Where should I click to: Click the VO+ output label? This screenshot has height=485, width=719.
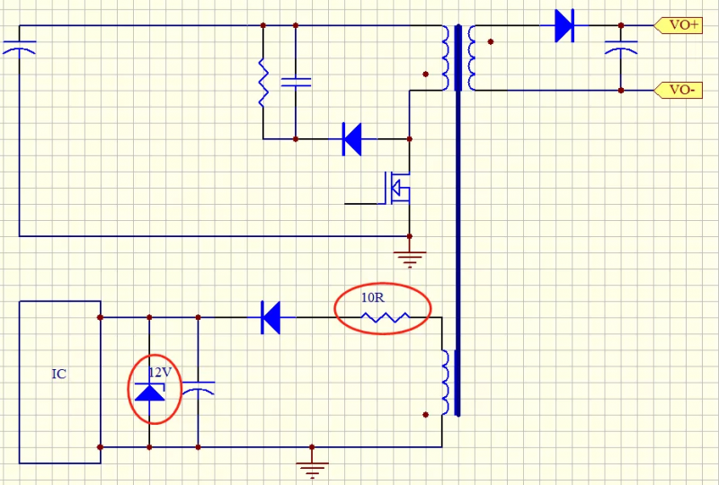(x=684, y=25)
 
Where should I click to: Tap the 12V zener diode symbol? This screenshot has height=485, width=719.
(x=149, y=392)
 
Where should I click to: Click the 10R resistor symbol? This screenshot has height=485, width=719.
(x=385, y=317)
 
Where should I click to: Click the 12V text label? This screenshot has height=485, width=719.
(x=159, y=372)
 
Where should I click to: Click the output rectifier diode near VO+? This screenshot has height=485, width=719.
(x=564, y=25)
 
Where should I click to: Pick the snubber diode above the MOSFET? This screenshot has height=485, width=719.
(x=352, y=139)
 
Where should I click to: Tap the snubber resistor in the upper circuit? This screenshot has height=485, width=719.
(x=263, y=83)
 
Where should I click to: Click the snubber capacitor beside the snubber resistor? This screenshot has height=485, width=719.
(x=296, y=82)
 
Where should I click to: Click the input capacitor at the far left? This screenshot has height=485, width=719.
(x=19, y=46)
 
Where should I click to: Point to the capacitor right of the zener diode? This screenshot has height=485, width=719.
(x=198, y=389)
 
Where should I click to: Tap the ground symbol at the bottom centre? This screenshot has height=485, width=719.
(x=312, y=467)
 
